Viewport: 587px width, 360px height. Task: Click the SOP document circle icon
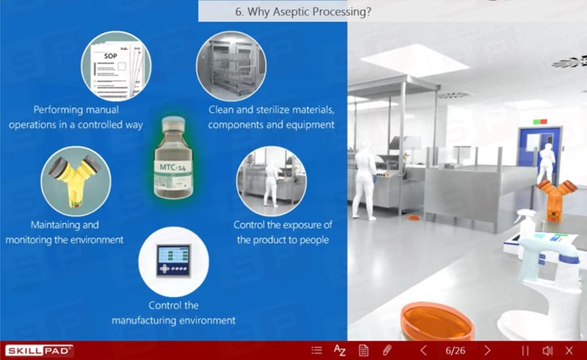pos(116,66)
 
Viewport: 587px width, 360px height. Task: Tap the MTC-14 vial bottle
pos(173,158)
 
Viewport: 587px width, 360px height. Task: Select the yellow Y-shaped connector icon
pos(76,181)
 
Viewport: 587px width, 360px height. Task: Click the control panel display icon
pos(174,262)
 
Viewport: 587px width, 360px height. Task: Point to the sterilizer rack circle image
pos(231,66)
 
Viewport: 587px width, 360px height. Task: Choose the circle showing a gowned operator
pos(271,181)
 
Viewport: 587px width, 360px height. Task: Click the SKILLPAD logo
pos(39,350)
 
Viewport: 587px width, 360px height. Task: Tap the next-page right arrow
pos(487,350)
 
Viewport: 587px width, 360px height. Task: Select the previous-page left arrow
pos(423,350)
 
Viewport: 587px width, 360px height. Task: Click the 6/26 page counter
pos(455,350)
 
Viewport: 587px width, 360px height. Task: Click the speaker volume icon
pos(547,350)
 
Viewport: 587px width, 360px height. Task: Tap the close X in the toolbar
pos(569,350)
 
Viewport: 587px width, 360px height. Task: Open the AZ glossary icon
pos(340,350)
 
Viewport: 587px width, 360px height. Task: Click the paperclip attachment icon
pos(387,350)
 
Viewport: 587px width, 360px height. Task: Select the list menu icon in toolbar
pos(317,350)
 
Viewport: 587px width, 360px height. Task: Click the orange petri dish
pos(437,321)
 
